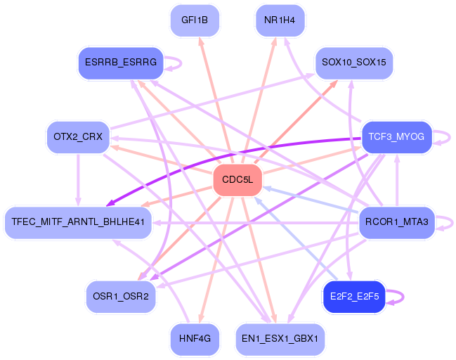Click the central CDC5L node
coord(237,180)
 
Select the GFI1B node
coord(195,20)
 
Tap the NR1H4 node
coord(280,20)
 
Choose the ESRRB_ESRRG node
coord(120,63)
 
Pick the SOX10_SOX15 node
coord(353,63)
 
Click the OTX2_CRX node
coord(77,136)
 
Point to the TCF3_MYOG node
coord(396,136)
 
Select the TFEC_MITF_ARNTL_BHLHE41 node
coord(78,222)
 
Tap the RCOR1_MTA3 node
coord(397,222)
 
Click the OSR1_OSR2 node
coord(120,296)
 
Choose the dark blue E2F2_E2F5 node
coord(353,296)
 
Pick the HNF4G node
coord(195,338)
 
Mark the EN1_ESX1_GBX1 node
coord(280,338)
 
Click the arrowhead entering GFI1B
coord(202,41)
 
